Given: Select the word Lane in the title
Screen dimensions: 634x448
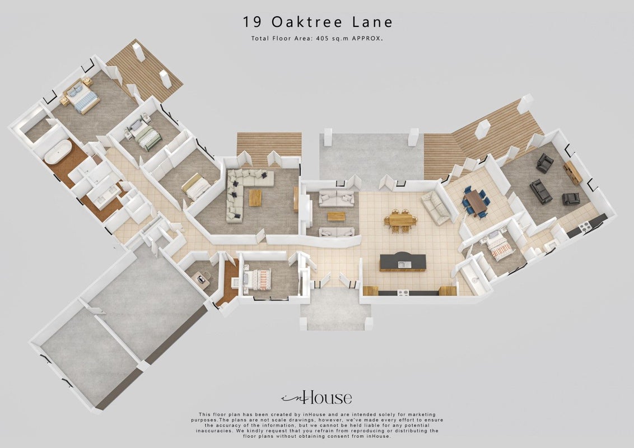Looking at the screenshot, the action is pyautogui.click(x=372, y=22).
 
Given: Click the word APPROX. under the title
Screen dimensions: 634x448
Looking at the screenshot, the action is pyautogui.click(x=367, y=39).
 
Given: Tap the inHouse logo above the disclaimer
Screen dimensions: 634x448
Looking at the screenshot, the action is pyautogui.click(x=316, y=398).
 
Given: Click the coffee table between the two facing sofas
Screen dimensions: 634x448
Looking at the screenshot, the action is pyautogui.click(x=337, y=216).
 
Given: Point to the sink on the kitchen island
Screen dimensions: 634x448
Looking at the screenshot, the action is pyautogui.click(x=404, y=265).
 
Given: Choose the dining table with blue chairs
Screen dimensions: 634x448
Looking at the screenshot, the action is pyautogui.click(x=475, y=202).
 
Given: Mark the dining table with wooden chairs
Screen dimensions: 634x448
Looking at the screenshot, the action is pyautogui.click(x=400, y=221).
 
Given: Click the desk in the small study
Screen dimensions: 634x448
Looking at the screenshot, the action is pyautogui.click(x=201, y=279).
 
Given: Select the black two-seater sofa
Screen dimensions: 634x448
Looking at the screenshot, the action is pyautogui.click(x=540, y=192).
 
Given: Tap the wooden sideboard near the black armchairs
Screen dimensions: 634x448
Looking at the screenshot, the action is pyautogui.click(x=572, y=172).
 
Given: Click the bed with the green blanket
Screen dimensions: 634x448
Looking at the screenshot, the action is pyautogui.click(x=146, y=136).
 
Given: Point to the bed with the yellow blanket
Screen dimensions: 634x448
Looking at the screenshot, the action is pyautogui.click(x=195, y=187).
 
